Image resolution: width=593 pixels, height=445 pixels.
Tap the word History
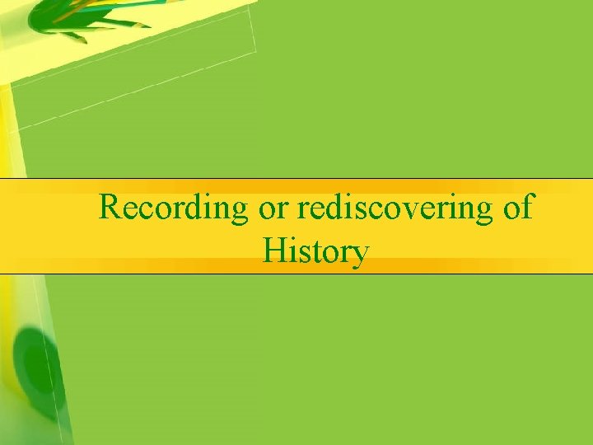pyautogui.click(x=315, y=251)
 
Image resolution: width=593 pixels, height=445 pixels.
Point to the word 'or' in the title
pyautogui.click(x=273, y=208)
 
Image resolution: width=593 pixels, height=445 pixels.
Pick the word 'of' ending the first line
pyautogui.click(x=517, y=208)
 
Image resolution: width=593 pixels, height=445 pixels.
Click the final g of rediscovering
pyautogui.click(x=483, y=213)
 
